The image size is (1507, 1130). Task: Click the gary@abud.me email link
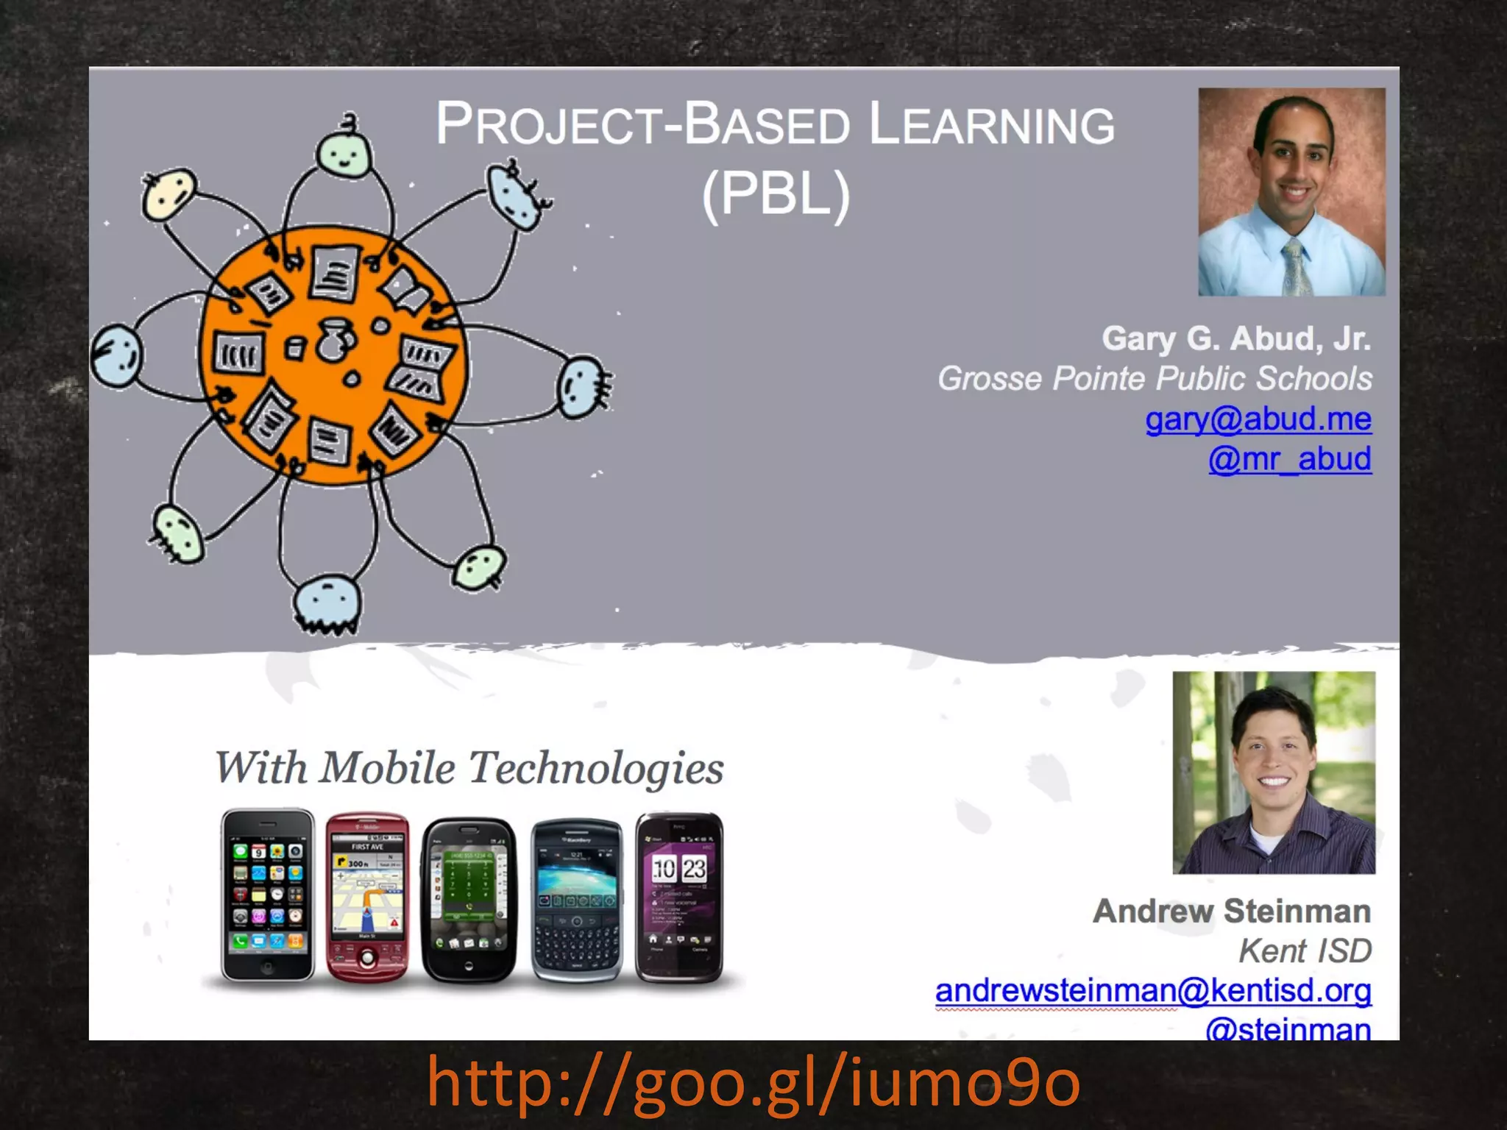tap(1258, 419)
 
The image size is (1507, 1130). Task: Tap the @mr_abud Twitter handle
tap(1290, 459)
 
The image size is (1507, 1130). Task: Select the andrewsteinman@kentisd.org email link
tap(1153, 990)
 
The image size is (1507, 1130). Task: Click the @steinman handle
tap(1288, 1028)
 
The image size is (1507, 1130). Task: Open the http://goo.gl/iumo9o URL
tap(753, 1081)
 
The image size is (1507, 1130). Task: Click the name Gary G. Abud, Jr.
tap(1236, 338)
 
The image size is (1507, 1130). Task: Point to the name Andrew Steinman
tap(1232, 912)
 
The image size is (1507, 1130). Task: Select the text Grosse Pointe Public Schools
tap(1155, 379)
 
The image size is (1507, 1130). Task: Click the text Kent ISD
tap(1305, 951)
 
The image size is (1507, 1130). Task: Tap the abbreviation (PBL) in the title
tap(776, 194)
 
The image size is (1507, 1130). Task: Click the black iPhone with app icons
tap(268, 895)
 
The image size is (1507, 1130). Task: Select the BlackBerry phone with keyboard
tap(577, 900)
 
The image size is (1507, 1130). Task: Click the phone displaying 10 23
tap(679, 898)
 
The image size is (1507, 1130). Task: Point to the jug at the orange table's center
tap(335, 340)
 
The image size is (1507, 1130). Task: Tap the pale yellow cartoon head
tap(169, 193)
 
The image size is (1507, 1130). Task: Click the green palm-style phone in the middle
tap(469, 899)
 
